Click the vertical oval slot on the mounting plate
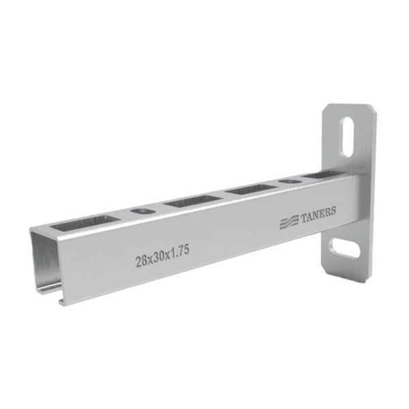[348, 137]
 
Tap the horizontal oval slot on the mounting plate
[345, 247]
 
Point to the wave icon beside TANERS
[289, 222]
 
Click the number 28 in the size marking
[141, 261]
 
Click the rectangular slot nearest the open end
[85, 222]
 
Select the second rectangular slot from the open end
[193, 201]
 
